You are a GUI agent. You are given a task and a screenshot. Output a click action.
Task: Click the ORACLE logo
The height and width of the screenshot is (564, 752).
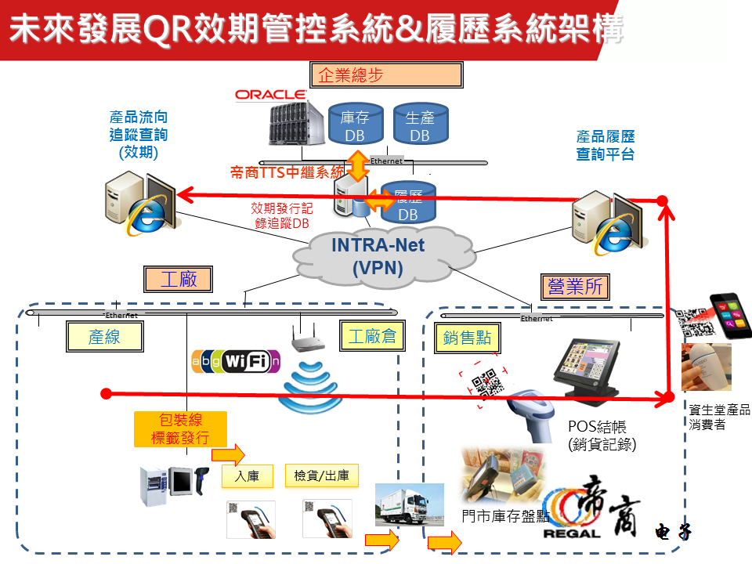point(270,95)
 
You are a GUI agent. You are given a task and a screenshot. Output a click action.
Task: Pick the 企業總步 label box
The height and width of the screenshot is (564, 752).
point(385,74)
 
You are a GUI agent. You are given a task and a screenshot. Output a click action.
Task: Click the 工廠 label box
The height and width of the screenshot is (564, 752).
point(179,278)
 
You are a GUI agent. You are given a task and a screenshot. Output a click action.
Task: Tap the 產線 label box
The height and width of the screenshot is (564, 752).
point(104,337)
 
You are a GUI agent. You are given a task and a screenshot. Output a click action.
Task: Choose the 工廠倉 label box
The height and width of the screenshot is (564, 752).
point(372,337)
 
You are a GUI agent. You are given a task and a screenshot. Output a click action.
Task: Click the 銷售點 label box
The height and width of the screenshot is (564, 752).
point(467,338)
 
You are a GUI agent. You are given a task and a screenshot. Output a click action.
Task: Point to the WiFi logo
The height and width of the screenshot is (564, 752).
point(236,361)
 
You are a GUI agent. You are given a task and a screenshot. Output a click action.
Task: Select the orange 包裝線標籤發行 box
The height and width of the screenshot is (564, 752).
point(179,428)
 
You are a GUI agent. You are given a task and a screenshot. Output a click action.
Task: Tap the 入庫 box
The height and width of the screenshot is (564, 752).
point(247,475)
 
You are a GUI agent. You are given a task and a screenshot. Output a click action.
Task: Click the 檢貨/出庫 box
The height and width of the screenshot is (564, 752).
point(321,475)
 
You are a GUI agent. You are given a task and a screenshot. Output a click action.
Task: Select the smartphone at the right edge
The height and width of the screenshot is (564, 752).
point(729,315)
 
